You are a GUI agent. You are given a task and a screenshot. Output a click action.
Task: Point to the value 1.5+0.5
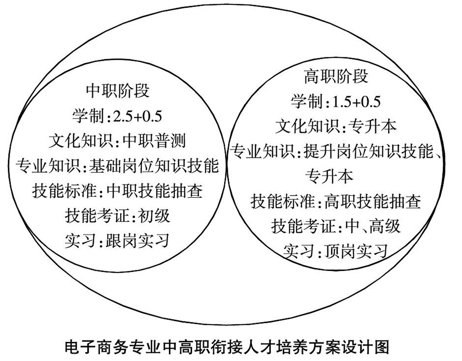click(356, 102)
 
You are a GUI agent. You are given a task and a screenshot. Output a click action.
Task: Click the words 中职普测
click(154, 141)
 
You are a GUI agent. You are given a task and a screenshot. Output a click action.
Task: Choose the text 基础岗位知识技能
click(154, 166)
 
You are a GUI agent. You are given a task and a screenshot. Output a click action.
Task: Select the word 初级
click(154, 216)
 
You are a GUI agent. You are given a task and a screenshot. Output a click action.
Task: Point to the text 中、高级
click(372, 226)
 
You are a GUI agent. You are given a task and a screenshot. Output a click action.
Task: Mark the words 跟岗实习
click(137, 241)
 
